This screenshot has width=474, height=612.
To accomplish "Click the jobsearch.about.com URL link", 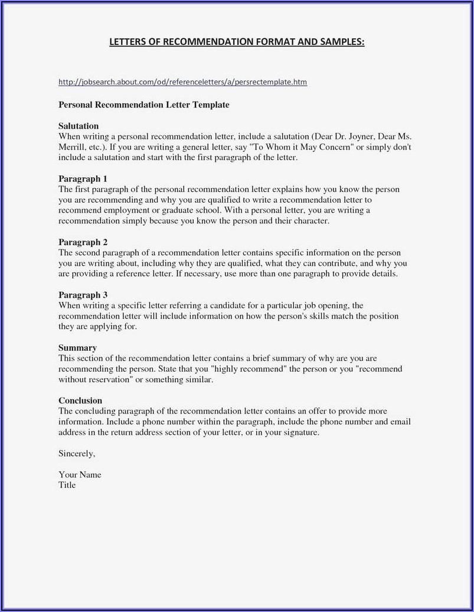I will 182,82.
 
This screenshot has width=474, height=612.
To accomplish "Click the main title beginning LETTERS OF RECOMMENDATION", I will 237,42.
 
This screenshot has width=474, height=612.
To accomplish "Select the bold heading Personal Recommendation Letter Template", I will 143,105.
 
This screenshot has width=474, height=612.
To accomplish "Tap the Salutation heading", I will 79,126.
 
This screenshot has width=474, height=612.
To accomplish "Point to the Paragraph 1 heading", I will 83,178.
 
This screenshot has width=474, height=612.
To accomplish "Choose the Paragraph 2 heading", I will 83,242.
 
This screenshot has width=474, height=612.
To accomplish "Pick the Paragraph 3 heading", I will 83,295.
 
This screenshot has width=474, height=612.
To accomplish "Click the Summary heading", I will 77,348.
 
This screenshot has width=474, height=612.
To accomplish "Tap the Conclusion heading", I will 80,401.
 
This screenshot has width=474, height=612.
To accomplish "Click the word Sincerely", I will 77,454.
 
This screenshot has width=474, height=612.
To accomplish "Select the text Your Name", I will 80,474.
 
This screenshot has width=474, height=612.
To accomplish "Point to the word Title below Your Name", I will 67,485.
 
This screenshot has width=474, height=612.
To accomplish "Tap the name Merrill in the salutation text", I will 72,147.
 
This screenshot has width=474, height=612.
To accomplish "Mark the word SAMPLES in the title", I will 340,42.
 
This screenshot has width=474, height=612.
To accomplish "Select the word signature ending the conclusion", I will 300,432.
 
